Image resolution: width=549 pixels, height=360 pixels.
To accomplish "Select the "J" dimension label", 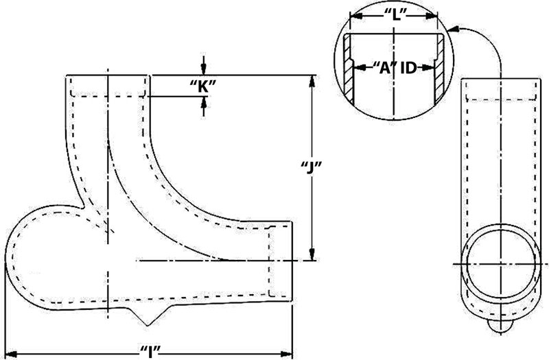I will pos(312,167).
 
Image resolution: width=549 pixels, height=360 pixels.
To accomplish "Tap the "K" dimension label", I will pos(203,86).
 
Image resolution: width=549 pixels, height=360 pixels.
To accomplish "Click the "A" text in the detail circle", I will pos(382,67).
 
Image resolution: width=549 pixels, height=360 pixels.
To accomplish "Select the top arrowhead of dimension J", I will pos(312,80).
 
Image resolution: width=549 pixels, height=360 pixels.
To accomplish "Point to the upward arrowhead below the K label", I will pos(203,102).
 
